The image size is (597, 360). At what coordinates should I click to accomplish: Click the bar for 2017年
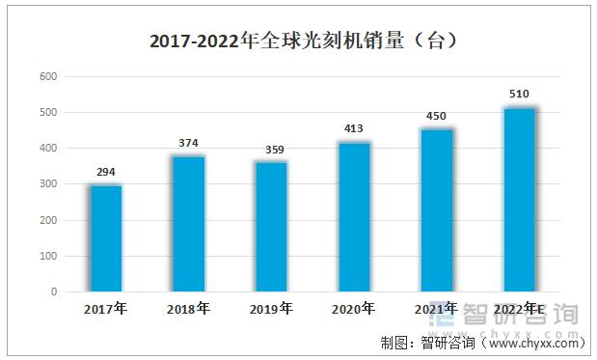point(106,238)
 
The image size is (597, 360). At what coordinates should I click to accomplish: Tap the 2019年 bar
point(271,227)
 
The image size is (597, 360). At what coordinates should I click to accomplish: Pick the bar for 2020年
point(353,217)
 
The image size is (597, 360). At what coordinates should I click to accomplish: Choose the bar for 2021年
point(436,210)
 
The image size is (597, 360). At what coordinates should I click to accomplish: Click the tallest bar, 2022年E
point(519,200)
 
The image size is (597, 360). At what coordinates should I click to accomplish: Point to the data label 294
point(106,172)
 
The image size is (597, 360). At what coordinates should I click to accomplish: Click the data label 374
point(189,143)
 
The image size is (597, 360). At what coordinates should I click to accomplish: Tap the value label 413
point(354,128)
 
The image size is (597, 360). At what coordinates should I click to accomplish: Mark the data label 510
point(519,94)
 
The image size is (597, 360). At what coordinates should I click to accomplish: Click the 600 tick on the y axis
point(48,76)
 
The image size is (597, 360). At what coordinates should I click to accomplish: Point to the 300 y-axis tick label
point(48,184)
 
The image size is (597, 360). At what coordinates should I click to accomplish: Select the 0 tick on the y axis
point(54,291)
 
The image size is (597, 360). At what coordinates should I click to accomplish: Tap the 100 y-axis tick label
point(48,256)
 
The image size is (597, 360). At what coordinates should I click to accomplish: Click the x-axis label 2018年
point(188,309)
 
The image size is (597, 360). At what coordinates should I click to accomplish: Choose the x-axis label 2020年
point(353,309)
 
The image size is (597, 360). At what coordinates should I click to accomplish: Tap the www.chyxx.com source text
point(534,343)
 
